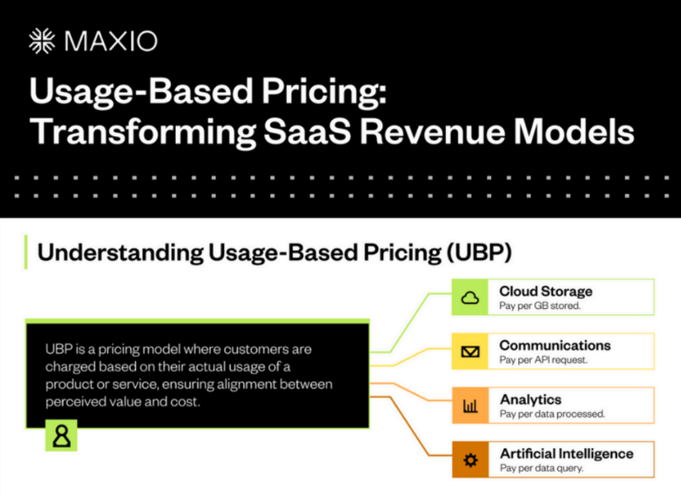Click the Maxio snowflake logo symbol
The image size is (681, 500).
click(42, 42)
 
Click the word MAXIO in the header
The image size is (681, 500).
click(111, 42)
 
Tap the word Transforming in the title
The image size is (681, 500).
click(143, 132)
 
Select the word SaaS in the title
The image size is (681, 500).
click(308, 131)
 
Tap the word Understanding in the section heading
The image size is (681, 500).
click(121, 253)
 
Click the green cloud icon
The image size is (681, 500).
click(470, 298)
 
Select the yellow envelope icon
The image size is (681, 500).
click(470, 351)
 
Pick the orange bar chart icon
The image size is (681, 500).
click(470, 406)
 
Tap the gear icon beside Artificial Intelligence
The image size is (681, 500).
click(470, 459)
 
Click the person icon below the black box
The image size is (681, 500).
click(62, 435)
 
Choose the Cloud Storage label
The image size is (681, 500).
click(546, 291)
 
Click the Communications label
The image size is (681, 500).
click(555, 346)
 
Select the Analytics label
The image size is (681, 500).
click(531, 399)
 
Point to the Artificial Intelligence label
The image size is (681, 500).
click(567, 454)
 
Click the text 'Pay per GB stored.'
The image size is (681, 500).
click(540, 306)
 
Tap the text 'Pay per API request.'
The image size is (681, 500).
click(544, 359)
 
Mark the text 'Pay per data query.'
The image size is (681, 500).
click(542, 468)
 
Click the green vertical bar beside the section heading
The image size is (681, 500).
click(26, 252)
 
